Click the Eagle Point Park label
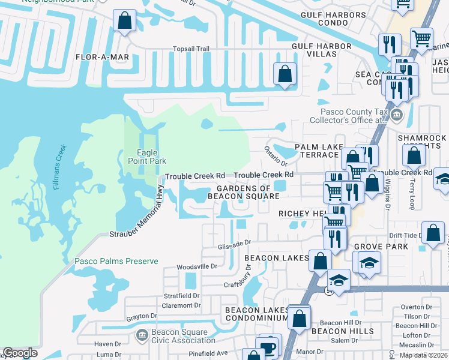click(x=146, y=157)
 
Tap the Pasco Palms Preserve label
click(x=116, y=261)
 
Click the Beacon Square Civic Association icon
click(x=142, y=334)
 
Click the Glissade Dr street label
click(x=234, y=245)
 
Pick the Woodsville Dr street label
click(x=197, y=266)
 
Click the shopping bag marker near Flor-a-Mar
click(x=124, y=22)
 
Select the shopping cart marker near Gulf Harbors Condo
click(x=422, y=39)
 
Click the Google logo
click(x=20, y=353)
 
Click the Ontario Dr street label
click(x=276, y=155)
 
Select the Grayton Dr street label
click(x=141, y=316)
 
